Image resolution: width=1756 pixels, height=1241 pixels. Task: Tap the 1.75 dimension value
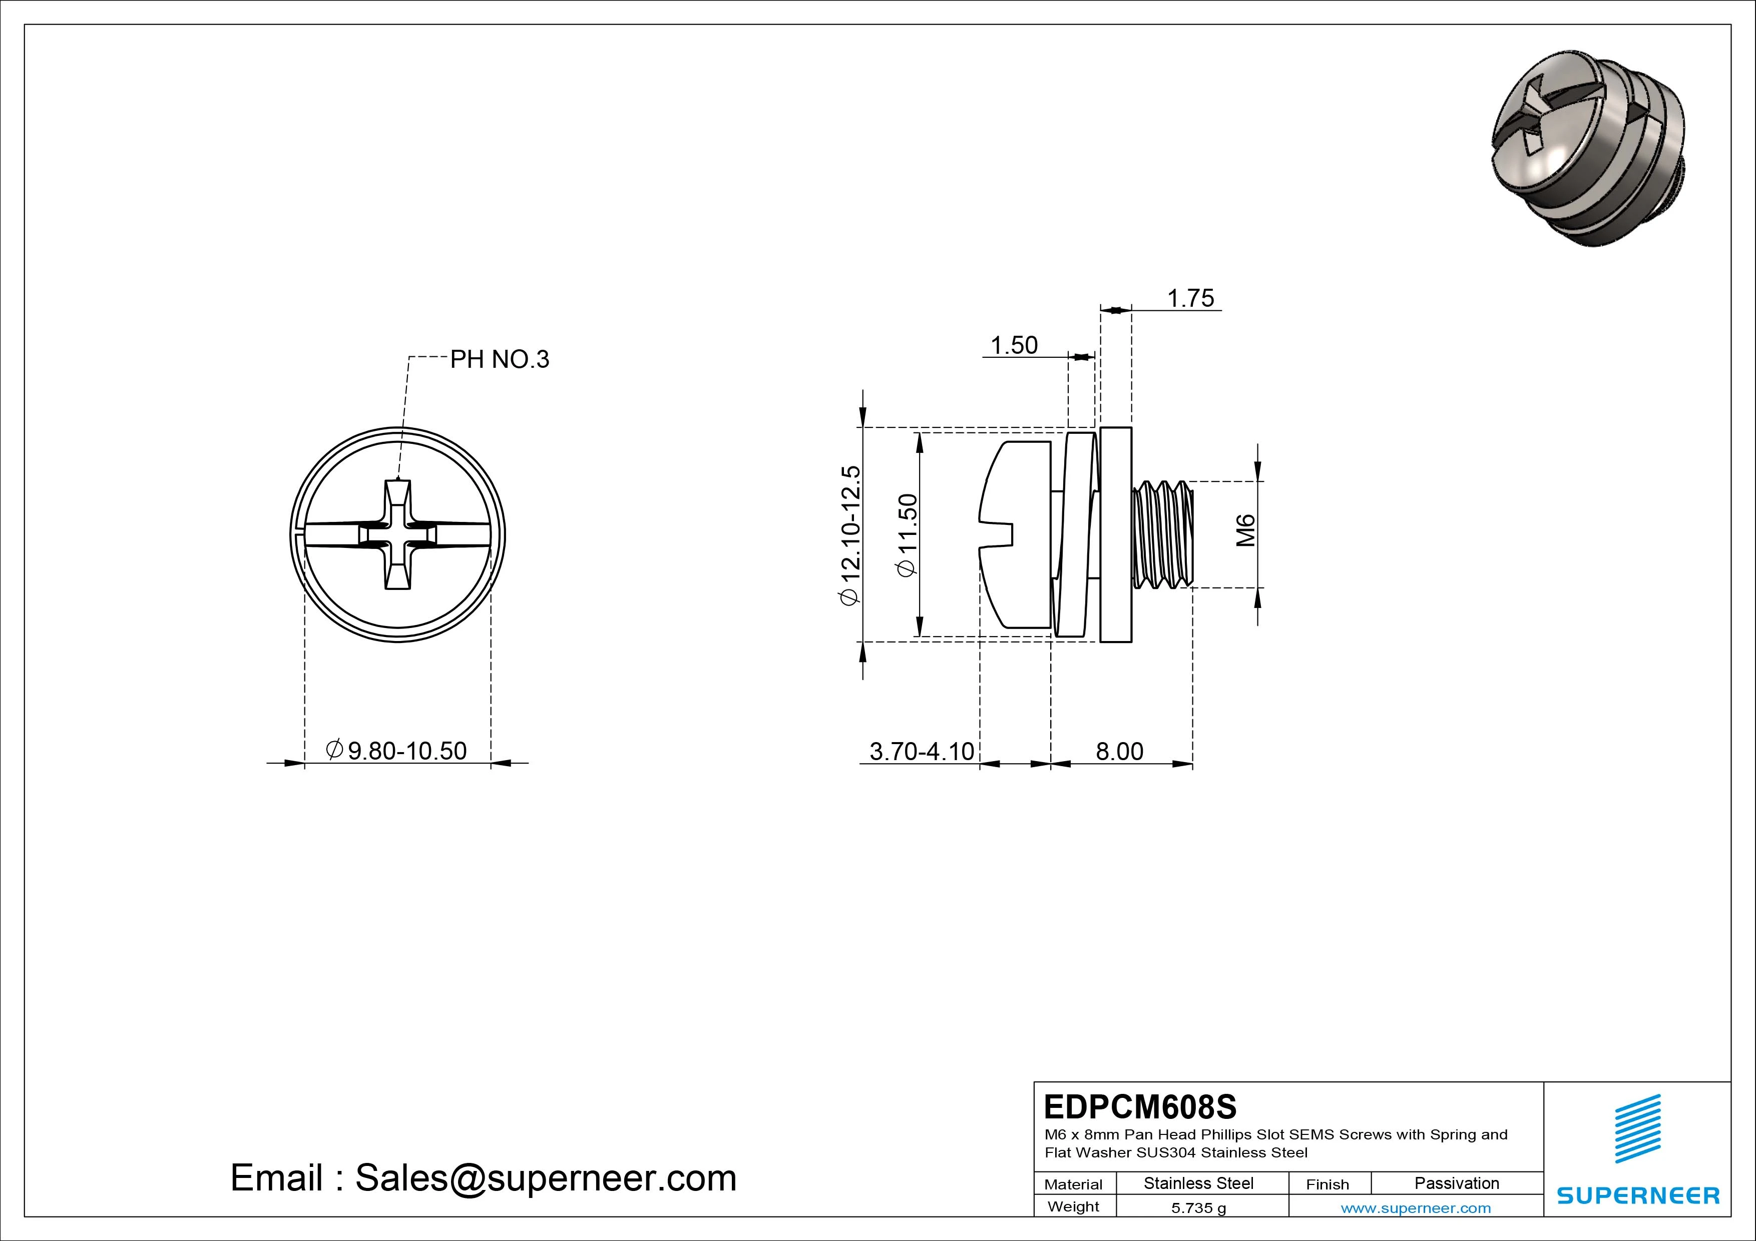1190,298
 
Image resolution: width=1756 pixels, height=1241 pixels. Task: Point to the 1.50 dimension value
1014,346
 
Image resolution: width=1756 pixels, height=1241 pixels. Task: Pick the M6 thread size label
1246,530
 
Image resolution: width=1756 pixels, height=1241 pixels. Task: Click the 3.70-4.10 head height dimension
922,751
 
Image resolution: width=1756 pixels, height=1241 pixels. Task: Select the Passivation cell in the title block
1456,1183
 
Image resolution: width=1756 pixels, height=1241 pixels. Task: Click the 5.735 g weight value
1198,1208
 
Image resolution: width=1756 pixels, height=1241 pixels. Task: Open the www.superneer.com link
1416,1208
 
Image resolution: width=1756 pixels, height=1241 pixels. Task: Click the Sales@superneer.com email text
545,1177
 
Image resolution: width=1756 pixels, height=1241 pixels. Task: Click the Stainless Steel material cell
1198,1183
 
